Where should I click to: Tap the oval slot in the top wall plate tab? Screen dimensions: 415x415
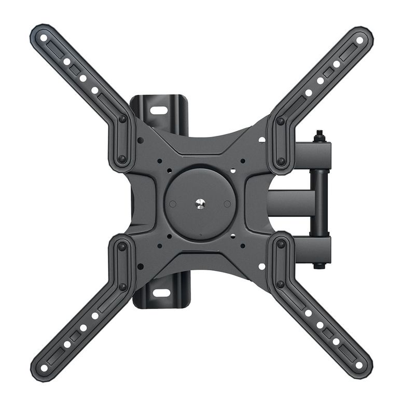[x=159, y=110]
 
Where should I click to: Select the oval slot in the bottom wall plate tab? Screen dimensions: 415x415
[x=160, y=293]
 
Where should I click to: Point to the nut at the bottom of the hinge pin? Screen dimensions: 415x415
[x=319, y=265]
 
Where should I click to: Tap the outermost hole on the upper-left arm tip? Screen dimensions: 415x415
[x=44, y=37]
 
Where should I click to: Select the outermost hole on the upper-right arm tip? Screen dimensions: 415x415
[x=359, y=40]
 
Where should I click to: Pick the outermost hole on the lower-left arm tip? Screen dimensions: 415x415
[x=44, y=367]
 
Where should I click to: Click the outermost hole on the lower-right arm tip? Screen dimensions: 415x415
[x=359, y=366]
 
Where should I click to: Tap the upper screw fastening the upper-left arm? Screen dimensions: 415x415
[x=122, y=119]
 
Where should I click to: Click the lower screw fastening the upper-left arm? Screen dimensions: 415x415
[x=122, y=159]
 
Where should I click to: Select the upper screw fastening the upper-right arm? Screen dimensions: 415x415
[x=281, y=121]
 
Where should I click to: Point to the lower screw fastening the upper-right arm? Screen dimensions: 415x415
[x=281, y=161]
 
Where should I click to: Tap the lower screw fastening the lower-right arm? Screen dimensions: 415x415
[x=281, y=284]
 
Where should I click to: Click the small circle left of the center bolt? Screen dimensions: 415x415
[x=173, y=204]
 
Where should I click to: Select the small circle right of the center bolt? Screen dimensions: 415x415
[x=227, y=204]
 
